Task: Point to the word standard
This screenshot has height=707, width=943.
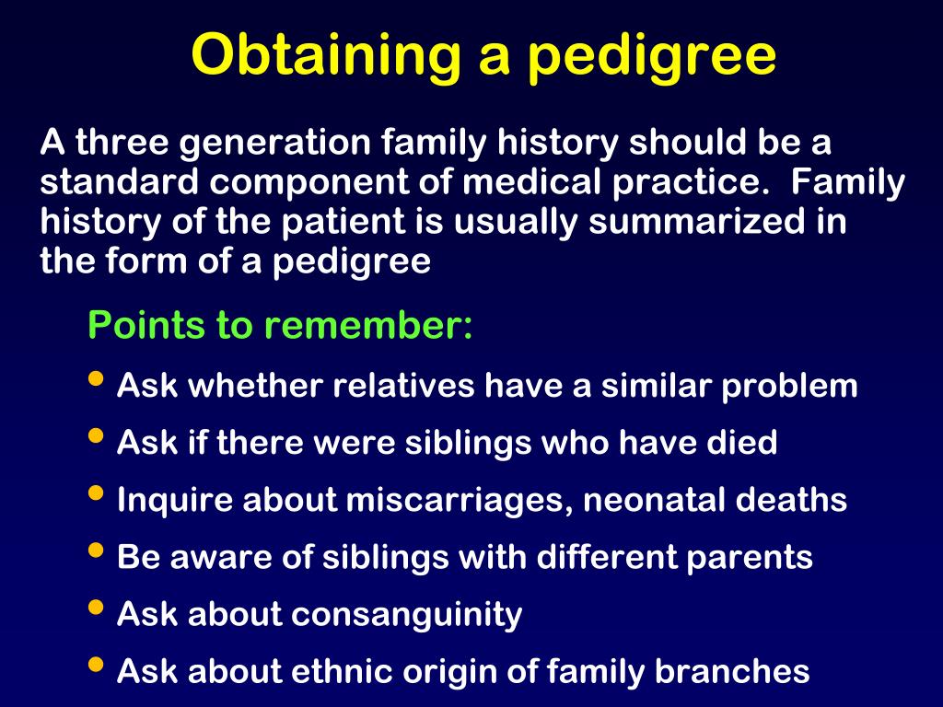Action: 119,181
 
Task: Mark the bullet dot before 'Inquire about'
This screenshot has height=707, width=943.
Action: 96,493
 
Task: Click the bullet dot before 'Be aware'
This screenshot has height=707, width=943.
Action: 96,551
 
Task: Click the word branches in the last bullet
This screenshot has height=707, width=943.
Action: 732,671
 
